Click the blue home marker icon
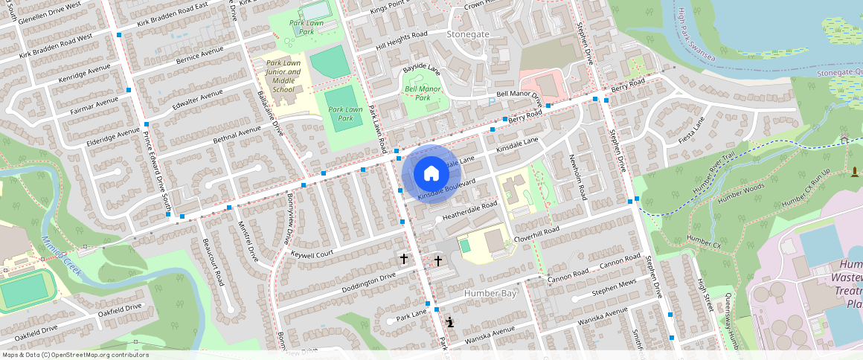[x=431, y=173]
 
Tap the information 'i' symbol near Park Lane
[x=450, y=321]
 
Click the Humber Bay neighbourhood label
[x=490, y=293]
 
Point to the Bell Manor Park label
[x=423, y=93]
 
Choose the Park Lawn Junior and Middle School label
[x=283, y=77]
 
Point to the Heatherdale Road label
[x=469, y=210]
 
